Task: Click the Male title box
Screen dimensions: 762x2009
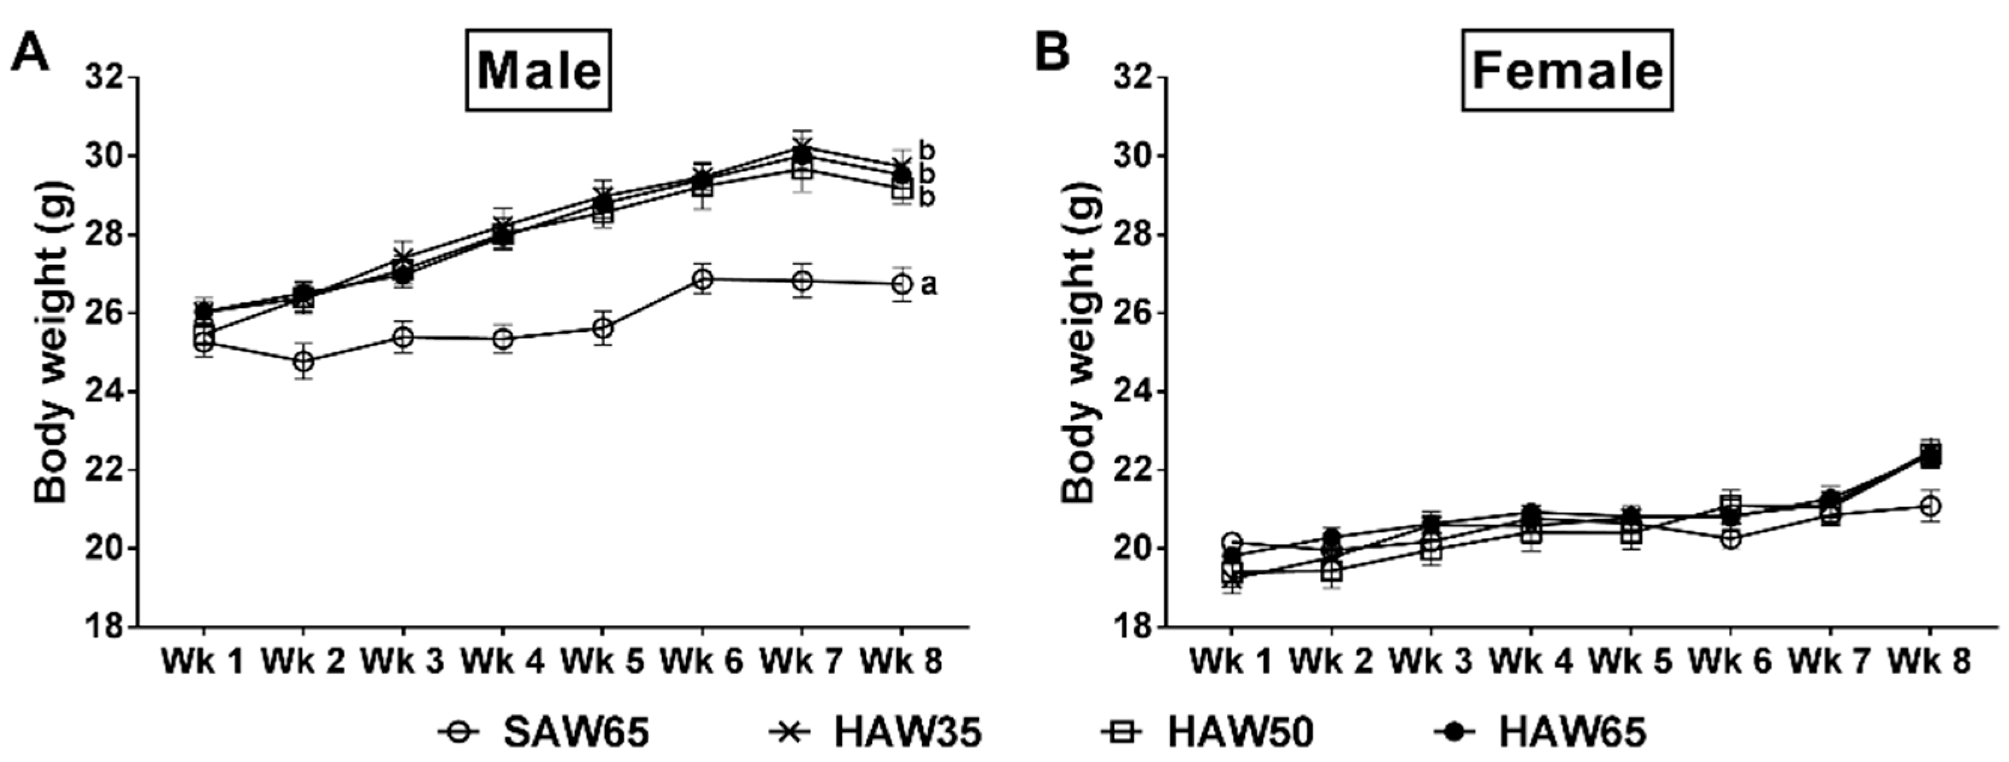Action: click(539, 71)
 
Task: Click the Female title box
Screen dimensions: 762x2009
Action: click(1567, 71)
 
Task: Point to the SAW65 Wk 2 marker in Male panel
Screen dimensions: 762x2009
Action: click(303, 362)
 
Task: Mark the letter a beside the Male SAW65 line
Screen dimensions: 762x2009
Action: click(928, 285)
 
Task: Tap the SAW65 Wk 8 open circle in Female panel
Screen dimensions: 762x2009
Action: click(1930, 506)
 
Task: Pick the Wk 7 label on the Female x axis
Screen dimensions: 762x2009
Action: click(1830, 662)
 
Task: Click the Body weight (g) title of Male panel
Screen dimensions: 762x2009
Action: click(52, 343)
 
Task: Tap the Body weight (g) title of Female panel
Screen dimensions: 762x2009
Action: click(1080, 343)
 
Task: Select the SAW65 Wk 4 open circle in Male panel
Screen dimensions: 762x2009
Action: click(503, 338)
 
